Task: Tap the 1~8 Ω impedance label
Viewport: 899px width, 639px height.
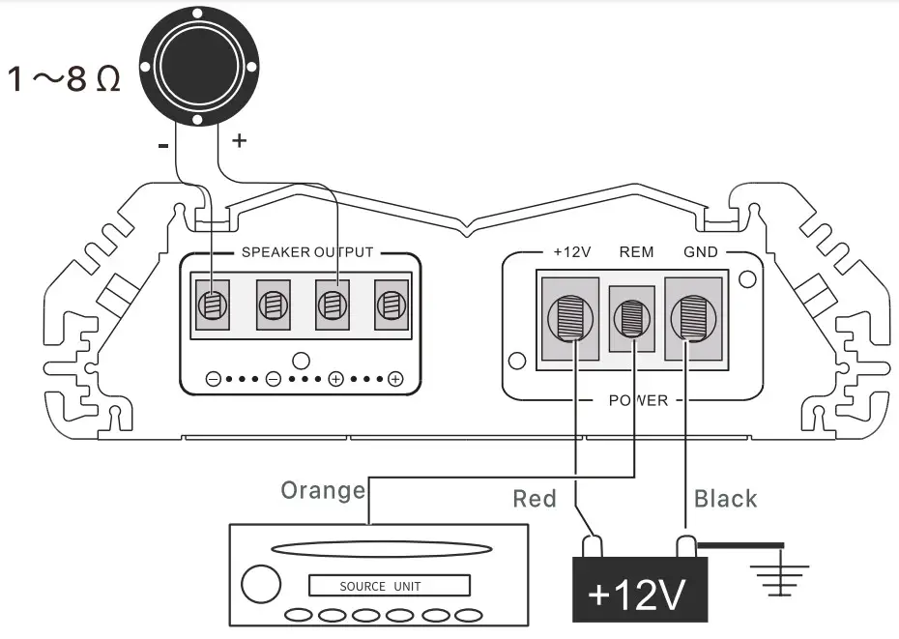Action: (x=65, y=78)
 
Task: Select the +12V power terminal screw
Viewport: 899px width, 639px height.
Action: (x=570, y=317)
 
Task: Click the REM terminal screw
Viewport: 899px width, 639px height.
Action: (x=632, y=318)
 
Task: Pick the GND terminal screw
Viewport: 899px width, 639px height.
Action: (x=692, y=317)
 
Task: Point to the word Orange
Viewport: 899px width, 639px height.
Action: (x=323, y=490)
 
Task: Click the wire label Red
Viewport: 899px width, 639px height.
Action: (x=535, y=499)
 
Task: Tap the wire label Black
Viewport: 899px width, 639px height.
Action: (x=726, y=499)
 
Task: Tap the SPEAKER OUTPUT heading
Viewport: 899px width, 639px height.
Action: (x=306, y=252)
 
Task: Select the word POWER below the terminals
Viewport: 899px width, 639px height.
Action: (x=638, y=400)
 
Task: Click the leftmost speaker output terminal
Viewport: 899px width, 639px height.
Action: (x=212, y=306)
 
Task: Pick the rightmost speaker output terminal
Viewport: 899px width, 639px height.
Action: (x=391, y=306)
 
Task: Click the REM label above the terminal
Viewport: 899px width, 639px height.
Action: (x=636, y=252)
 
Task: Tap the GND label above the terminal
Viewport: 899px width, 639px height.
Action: (x=700, y=252)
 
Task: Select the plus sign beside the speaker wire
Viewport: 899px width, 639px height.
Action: (x=239, y=141)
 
